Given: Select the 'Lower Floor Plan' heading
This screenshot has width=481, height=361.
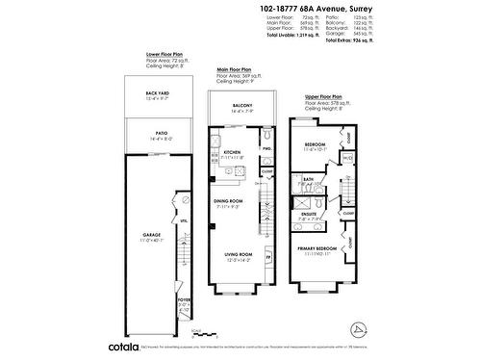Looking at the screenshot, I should (x=165, y=54).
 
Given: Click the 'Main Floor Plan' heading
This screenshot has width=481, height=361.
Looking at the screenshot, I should (x=234, y=70).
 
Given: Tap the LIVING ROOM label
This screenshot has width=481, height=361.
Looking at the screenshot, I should (x=238, y=254).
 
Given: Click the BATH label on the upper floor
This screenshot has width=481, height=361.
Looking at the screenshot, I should (x=309, y=178).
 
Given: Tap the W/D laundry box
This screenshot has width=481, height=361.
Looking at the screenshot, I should (x=347, y=158).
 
